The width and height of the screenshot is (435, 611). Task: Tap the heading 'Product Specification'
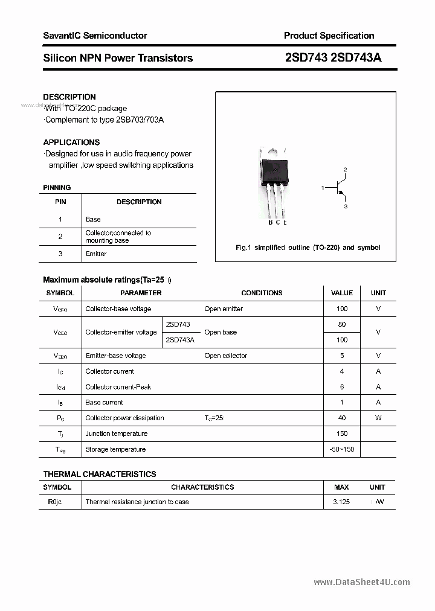pyautogui.click(x=329, y=36)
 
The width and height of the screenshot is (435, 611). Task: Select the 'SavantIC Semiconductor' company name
pyautogui.click(x=95, y=36)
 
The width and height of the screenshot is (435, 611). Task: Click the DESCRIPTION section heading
pyautogui.click(x=69, y=97)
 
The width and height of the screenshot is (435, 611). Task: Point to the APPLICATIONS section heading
pyautogui.click(x=71, y=142)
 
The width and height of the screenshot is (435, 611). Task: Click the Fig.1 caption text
pyautogui.click(x=308, y=248)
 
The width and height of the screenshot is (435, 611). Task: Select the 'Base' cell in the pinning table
pyautogui.click(x=93, y=219)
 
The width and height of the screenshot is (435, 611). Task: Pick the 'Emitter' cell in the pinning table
pyautogui.click(x=96, y=254)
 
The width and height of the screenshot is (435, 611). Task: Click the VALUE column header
pyautogui.click(x=342, y=293)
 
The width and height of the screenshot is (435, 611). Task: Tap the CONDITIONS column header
pyautogui.click(x=262, y=293)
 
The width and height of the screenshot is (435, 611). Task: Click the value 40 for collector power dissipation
pyautogui.click(x=342, y=418)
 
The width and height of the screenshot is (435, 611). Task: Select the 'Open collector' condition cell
pyautogui.click(x=226, y=356)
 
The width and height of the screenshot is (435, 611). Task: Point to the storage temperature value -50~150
pyautogui.click(x=342, y=449)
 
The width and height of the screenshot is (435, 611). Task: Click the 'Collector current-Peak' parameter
pyautogui.click(x=118, y=387)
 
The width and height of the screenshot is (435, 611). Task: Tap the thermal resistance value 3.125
pyautogui.click(x=341, y=502)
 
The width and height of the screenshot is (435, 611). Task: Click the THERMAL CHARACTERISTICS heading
pyautogui.click(x=100, y=474)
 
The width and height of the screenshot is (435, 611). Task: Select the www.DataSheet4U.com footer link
pyautogui.click(x=362, y=582)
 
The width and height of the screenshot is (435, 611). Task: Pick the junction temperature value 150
pyautogui.click(x=342, y=433)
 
